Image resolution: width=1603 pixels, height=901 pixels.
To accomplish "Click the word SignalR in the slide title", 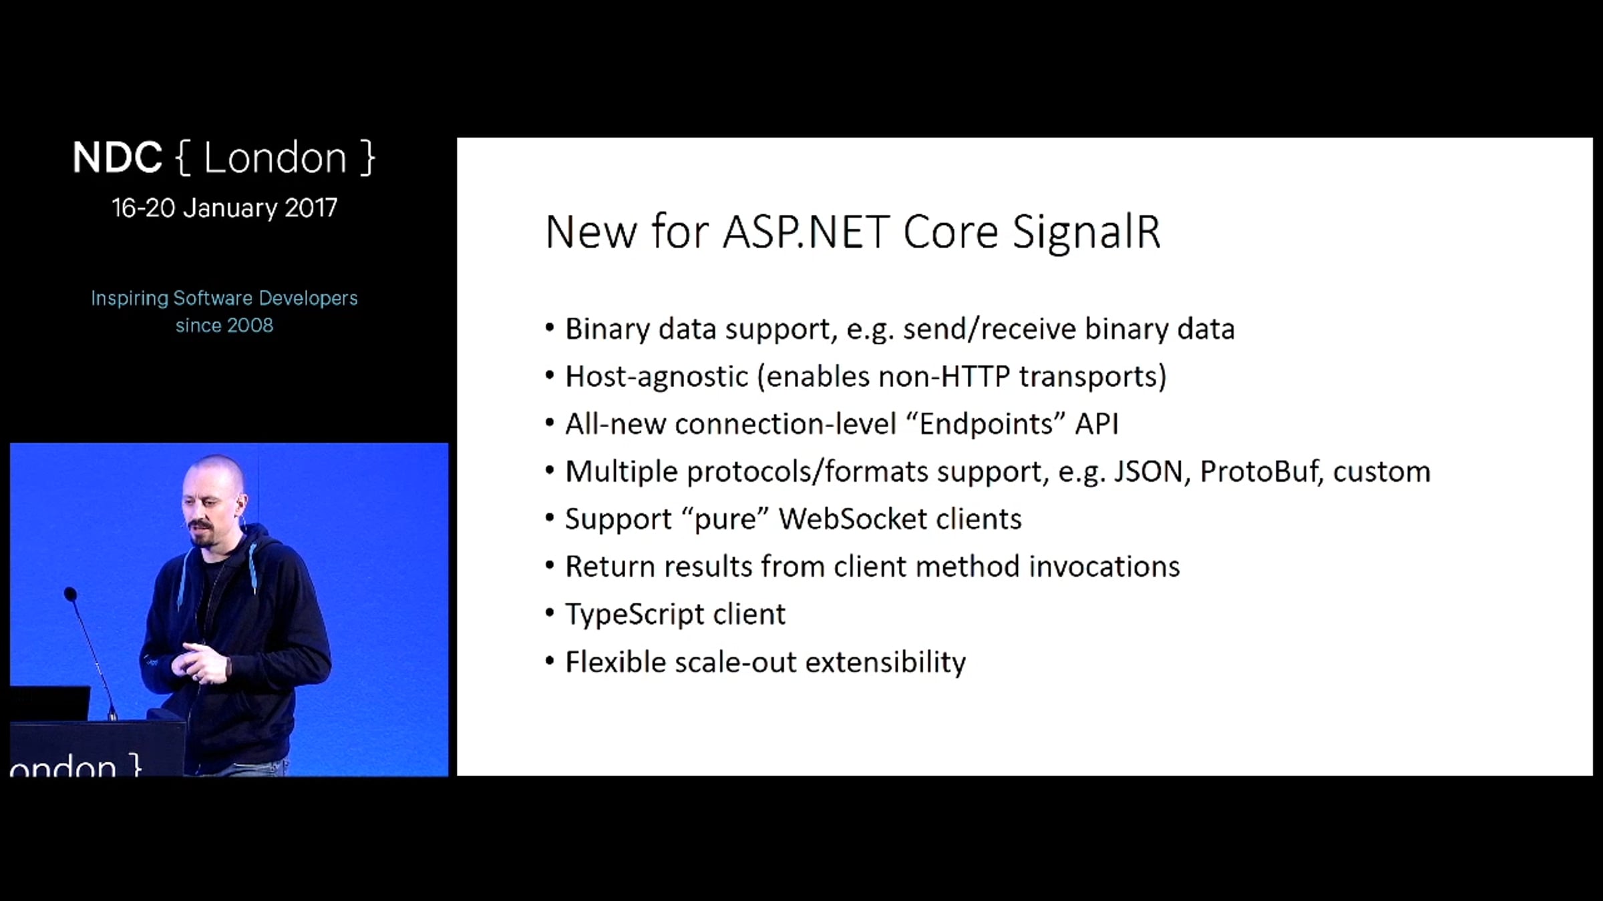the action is [1086, 233].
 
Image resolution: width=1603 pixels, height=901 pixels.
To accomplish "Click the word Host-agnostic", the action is [657, 376].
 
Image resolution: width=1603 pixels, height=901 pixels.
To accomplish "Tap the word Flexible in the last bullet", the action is [615, 662].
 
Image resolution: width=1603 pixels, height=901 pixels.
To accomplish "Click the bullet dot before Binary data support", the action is [550, 328].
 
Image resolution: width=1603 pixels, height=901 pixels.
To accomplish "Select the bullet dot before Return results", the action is [550, 566].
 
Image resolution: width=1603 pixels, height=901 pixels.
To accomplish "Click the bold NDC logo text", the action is [117, 158].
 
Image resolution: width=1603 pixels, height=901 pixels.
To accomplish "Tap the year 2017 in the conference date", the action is [311, 208].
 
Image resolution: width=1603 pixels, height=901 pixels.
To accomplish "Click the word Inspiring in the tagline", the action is [130, 298].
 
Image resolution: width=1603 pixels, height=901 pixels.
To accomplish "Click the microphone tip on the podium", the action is [70, 593].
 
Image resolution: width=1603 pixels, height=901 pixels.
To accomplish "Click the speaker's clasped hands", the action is [200, 663].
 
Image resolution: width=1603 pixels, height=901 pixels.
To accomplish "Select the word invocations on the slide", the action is [1104, 567].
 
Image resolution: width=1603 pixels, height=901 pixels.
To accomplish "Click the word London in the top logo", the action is [275, 158].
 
